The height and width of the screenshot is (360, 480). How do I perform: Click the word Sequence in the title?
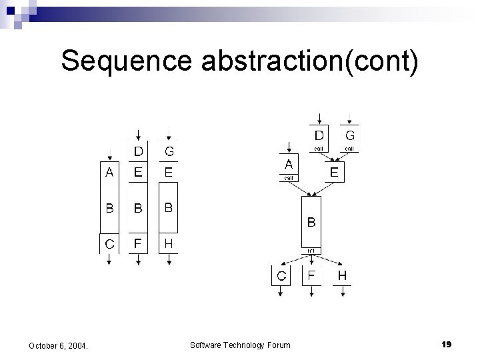127,61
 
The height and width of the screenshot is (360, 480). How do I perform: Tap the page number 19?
446,344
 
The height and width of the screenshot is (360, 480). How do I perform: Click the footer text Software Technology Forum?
240,345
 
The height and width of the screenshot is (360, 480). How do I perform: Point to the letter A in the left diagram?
109,173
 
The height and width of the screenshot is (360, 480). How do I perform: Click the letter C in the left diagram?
109,245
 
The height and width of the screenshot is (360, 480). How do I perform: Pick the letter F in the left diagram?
138,245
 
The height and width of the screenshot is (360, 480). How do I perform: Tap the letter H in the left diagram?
169,244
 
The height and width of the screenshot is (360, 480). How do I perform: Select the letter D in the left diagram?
138,152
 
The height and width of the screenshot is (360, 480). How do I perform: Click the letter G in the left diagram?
169,152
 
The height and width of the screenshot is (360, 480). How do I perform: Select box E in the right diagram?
334,173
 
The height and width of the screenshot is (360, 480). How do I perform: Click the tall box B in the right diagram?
311,221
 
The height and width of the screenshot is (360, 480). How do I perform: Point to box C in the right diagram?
282,276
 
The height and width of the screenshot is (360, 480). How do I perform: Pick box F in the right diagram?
311,275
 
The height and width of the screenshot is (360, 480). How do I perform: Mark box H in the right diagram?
342,275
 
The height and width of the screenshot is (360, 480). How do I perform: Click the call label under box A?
289,178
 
